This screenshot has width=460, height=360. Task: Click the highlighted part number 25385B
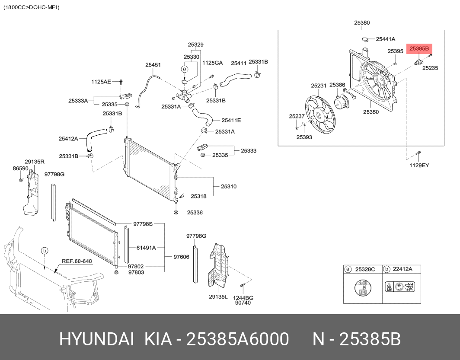(x=419, y=49)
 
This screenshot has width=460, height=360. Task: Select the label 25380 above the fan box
(x=361, y=22)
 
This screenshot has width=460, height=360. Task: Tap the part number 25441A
(x=385, y=39)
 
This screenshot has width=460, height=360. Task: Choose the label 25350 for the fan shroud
(x=371, y=112)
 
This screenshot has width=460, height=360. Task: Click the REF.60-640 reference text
(x=77, y=261)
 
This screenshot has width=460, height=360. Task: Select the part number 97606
(x=181, y=257)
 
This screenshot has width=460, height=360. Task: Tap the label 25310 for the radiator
(x=228, y=187)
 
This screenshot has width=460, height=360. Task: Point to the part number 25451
(x=153, y=65)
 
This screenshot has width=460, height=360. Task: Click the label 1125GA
(x=212, y=63)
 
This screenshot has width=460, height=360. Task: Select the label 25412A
(x=68, y=138)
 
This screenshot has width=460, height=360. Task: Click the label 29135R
(x=34, y=161)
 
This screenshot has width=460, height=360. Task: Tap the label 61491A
(x=146, y=248)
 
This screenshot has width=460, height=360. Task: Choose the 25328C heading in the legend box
(x=365, y=269)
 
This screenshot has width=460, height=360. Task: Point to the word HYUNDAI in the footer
(x=96, y=340)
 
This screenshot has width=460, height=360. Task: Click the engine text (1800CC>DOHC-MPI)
(x=31, y=7)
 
